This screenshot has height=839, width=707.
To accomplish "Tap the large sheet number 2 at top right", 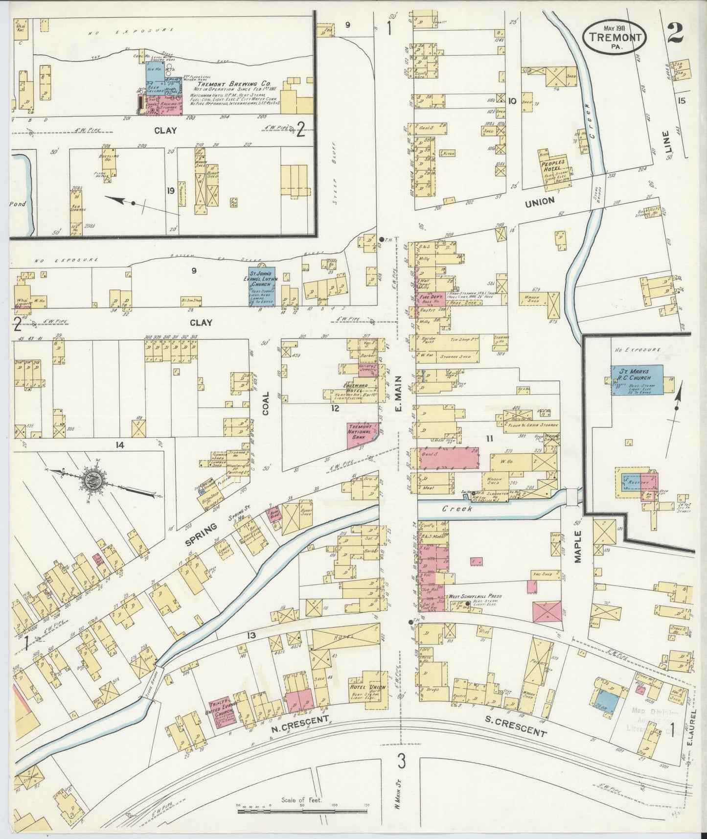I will tap(675, 33).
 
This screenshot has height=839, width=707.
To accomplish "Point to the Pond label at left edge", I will tap(18, 204).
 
